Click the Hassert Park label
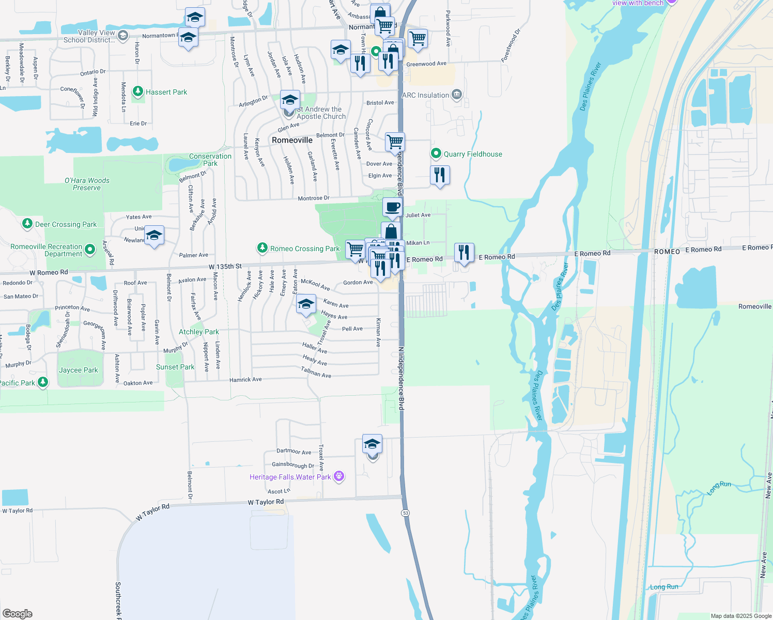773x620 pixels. click(x=166, y=92)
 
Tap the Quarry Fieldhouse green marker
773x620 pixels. click(x=436, y=153)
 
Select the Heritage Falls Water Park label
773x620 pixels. click(x=290, y=477)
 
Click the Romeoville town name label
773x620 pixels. click(x=292, y=140)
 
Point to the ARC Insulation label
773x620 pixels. click(x=425, y=95)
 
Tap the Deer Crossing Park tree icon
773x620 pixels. click(x=27, y=224)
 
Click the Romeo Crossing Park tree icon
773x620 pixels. click(x=262, y=249)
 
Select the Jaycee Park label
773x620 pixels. click(x=78, y=370)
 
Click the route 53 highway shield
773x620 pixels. click(x=405, y=513)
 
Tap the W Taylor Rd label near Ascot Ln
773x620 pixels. click(x=266, y=502)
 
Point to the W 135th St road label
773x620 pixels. click(x=225, y=267)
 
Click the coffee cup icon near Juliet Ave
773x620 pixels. click(x=393, y=207)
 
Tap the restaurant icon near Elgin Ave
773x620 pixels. click(x=440, y=175)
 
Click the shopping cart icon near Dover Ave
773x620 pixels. click(x=395, y=141)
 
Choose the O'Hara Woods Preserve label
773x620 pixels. click(x=87, y=184)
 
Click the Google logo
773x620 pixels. click(x=17, y=614)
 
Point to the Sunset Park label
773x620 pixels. click(x=175, y=367)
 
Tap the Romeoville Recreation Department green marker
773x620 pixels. click(x=90, y=250)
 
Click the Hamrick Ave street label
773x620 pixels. click(x=245, y=380)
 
